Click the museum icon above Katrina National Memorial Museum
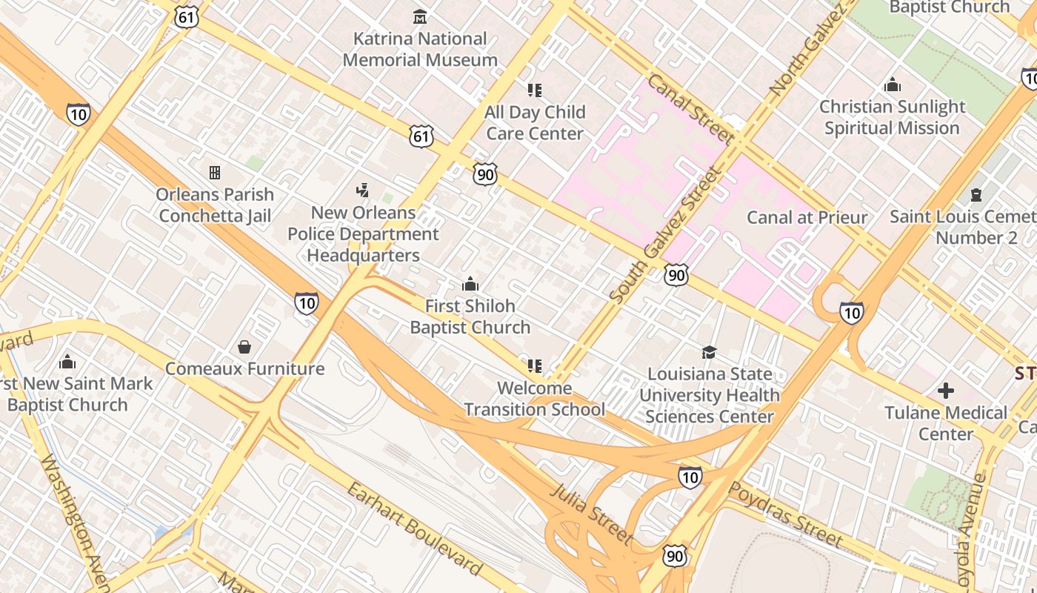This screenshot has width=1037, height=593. tap(420, 16)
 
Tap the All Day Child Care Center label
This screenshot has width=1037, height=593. tap(535, 123)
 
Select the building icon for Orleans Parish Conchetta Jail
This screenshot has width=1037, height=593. tap(215, 173)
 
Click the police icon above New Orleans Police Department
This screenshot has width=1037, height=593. tap(362, 191)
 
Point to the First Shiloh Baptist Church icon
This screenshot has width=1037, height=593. tap(470, 284)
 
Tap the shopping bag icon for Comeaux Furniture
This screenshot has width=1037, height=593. tap(244, 347)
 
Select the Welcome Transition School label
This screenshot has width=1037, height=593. tap(534, 399)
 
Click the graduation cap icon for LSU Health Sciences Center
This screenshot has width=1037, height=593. tap(709, 352)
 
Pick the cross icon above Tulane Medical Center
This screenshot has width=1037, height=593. tap(945, 391)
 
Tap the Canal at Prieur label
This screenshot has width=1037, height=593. tap(807, 217)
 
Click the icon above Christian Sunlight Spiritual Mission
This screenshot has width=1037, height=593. tap(893, 85)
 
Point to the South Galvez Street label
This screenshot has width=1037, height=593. tap(665, 234)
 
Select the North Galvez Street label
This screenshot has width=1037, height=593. tap(808, 48)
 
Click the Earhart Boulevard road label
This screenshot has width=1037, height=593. tap(415, 529)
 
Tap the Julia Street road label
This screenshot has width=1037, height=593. tap(592, 512)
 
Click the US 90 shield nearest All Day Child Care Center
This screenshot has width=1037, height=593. tap(484, 174)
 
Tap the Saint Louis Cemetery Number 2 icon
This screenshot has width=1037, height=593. tap(976, 195)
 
